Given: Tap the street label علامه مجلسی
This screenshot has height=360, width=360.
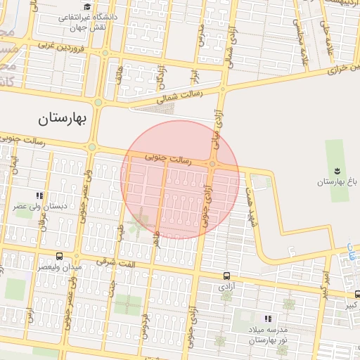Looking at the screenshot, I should pos(305,53).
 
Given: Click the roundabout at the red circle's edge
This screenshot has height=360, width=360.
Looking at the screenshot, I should pos(212,165).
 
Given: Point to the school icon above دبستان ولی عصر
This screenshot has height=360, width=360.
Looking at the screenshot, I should pos(40,196).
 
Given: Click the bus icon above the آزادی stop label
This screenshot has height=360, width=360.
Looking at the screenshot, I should pos(226,276).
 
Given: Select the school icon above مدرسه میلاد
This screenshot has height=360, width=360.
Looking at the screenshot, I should pos(266,319).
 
